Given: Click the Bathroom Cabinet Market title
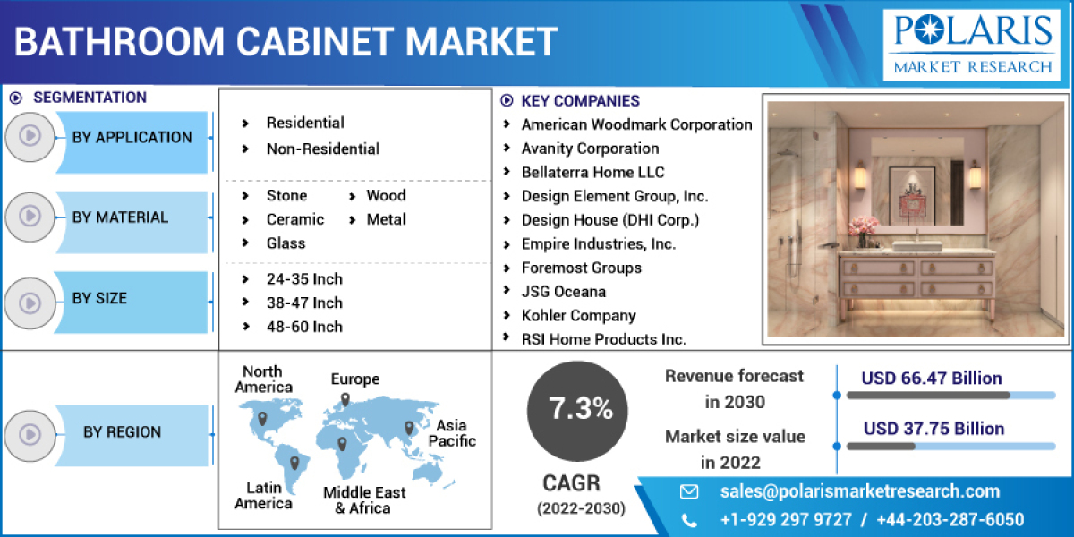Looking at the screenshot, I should (x=286, y=42).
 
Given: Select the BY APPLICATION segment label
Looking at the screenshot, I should (x=132, y=138).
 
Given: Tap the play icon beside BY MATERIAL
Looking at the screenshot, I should (x=30, y=217).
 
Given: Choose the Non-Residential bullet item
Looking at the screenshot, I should (x=322, y=149).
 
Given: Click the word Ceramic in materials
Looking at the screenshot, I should (x=294, y=219).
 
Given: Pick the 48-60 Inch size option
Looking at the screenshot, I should (x=304, y=327).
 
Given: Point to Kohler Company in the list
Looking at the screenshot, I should (x=578, y=315).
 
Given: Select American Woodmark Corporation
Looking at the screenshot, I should (x=636, y=124).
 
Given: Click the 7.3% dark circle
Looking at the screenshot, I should (x=580, y=409).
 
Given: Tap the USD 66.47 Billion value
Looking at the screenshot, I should (x=932, y=379).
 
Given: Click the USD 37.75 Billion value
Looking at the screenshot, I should (x=933, y=429).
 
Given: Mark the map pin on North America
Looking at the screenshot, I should (x=262, y=418).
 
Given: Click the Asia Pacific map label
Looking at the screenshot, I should (x=452, y=433).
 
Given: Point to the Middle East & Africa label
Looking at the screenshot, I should (x=364, y=500).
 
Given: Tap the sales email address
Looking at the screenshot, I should (x=859, y=490).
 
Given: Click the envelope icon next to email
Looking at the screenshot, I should (x=688, y=491).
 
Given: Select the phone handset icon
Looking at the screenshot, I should (x=688, y=520).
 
